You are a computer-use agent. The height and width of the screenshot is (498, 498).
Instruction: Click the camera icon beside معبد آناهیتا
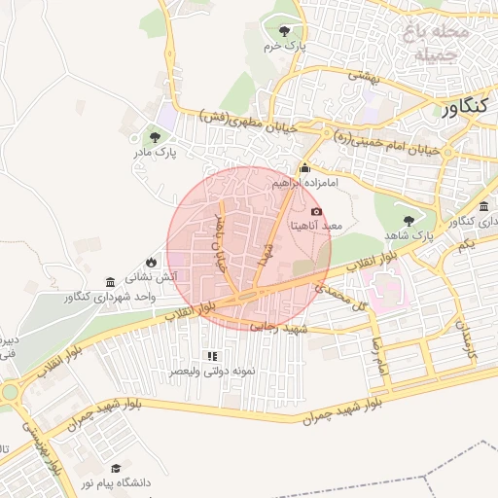pyautogui.click(x=316, y=211)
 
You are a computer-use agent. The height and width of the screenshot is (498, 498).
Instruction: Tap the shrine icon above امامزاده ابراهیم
pyautogui.click(x=305, y=167)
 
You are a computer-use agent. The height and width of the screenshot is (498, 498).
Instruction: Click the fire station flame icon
pyautogui.click(x=151, y=262)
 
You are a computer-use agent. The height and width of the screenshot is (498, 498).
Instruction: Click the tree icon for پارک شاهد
pyautogui.click(x=408, y=220)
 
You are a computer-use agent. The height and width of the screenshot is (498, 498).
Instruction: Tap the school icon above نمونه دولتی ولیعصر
pyautogui.click(x=212, y=356)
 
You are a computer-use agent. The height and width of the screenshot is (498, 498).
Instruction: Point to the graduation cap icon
pyautogui.click(x=117, y=468)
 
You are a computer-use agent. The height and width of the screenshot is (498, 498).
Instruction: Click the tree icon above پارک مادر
pyautogui.click(x=155, y=136)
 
